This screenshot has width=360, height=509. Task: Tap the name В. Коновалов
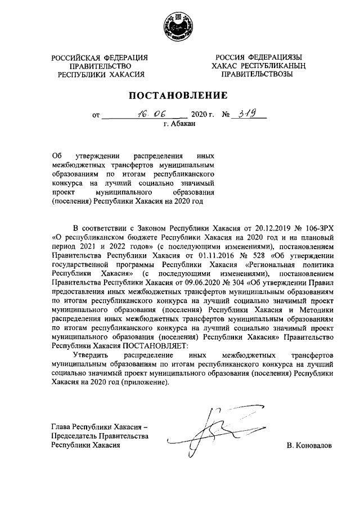click(309, 445)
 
